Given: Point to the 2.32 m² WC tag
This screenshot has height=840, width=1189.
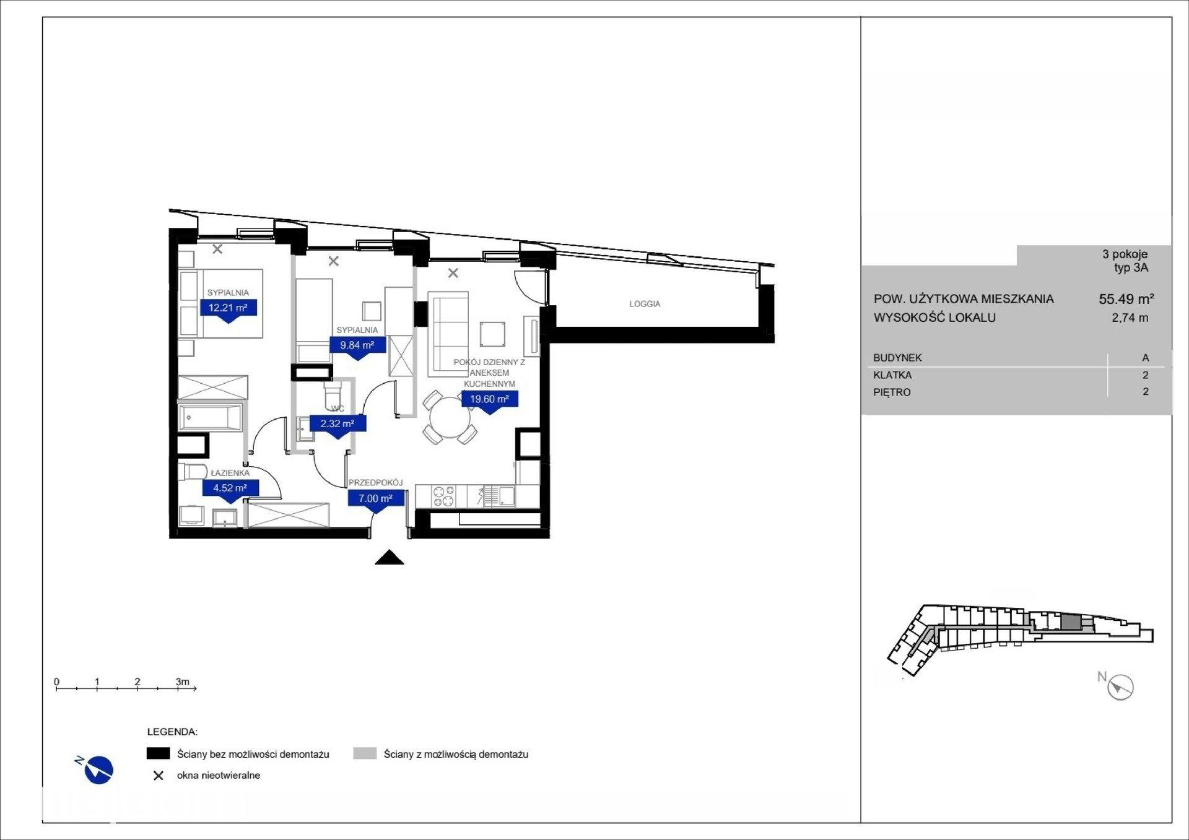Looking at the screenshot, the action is coord(338,425).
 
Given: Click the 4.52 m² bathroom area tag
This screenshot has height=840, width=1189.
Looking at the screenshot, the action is coord(230,488).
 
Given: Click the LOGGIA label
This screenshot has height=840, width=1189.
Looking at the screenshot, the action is coord(645,304).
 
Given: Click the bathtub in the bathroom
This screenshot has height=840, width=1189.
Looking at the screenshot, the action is coord(210,418).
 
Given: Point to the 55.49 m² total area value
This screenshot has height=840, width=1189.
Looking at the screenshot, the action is coord(1126,299).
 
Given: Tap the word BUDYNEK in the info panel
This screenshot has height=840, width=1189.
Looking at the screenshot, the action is coord(897,358).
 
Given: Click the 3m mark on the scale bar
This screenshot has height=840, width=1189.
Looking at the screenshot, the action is coord(182,682).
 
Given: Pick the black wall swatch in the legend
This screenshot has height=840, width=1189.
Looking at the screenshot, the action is coord(158,753).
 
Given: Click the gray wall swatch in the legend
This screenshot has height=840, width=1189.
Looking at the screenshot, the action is coord(365,753).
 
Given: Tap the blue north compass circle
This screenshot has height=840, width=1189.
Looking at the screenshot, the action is coord(98,770).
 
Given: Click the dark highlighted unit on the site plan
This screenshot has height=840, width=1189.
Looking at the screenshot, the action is coord(1069,623).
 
